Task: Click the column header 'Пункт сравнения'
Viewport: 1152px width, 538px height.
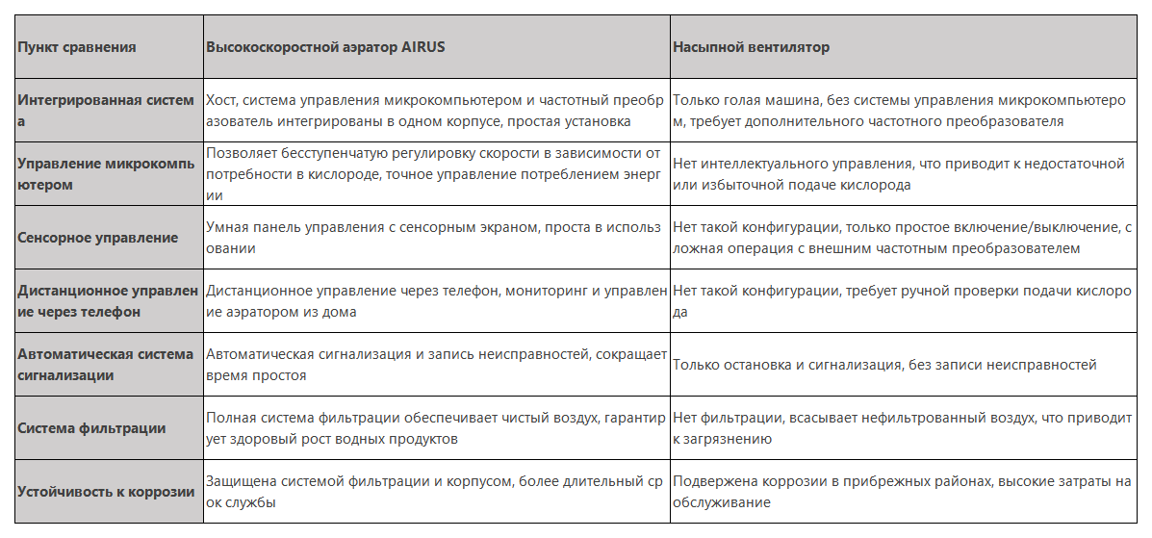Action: click(x=77, y=47)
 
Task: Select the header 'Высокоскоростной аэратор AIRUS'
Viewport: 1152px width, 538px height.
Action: click(x=325, y=47)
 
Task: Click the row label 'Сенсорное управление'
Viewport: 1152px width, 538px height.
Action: click(x=98, y=238)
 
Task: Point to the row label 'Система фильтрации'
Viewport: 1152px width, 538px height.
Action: click(x=92, y=428)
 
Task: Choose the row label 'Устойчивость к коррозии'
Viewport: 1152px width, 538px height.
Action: click(x=107, y=492)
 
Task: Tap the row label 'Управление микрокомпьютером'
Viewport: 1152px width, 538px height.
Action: click(x=106, y=174)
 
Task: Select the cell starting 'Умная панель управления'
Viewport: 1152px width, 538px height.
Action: click(x=433, y=238)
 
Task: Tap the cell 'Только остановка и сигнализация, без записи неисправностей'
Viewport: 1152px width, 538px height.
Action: click(x=884, y=365)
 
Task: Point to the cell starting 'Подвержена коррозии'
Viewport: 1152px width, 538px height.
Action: click(x=901, y=492)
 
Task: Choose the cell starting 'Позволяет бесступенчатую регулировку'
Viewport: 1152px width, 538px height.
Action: click(x=433, y=174)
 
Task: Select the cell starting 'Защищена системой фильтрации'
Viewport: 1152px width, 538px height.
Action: click(x=433, y=492)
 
